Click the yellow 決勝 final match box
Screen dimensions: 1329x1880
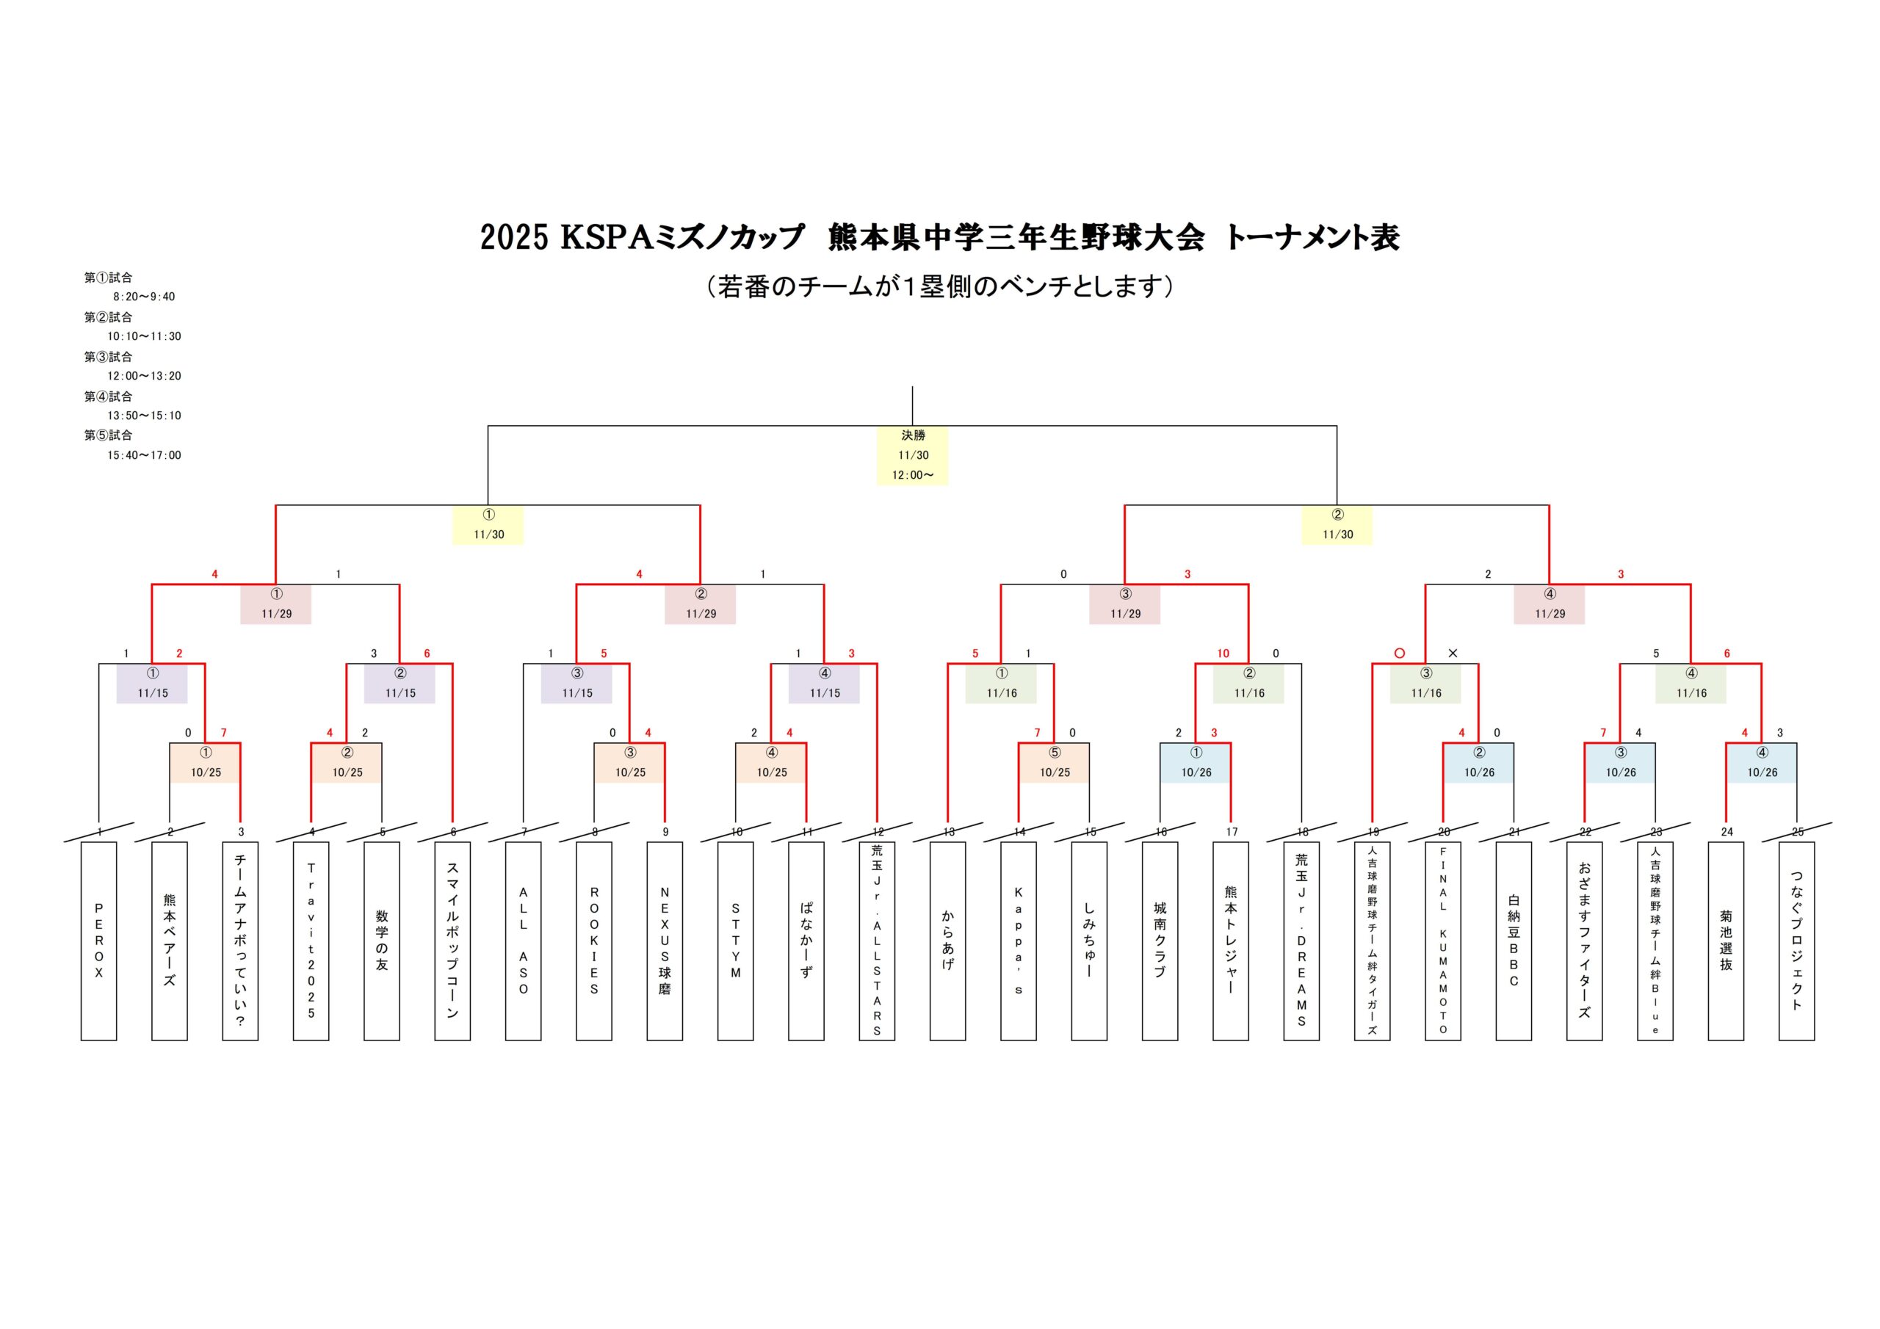coord(912,455)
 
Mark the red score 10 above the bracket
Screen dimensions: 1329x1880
coord(1223,653)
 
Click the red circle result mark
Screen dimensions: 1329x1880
coord(1400,653)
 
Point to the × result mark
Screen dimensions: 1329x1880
coord(1453,653)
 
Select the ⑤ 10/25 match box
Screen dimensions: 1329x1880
coord(1055,762)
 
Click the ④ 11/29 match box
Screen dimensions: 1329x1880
coord(1550,604)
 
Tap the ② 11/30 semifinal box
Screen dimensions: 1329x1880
coord(1337,525)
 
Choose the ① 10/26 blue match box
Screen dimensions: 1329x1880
coord(1196,762)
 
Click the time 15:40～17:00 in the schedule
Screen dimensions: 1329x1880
coord(144,455)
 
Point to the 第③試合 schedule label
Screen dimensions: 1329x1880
coord(108,357)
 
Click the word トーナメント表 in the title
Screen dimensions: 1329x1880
coord(1312,237)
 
